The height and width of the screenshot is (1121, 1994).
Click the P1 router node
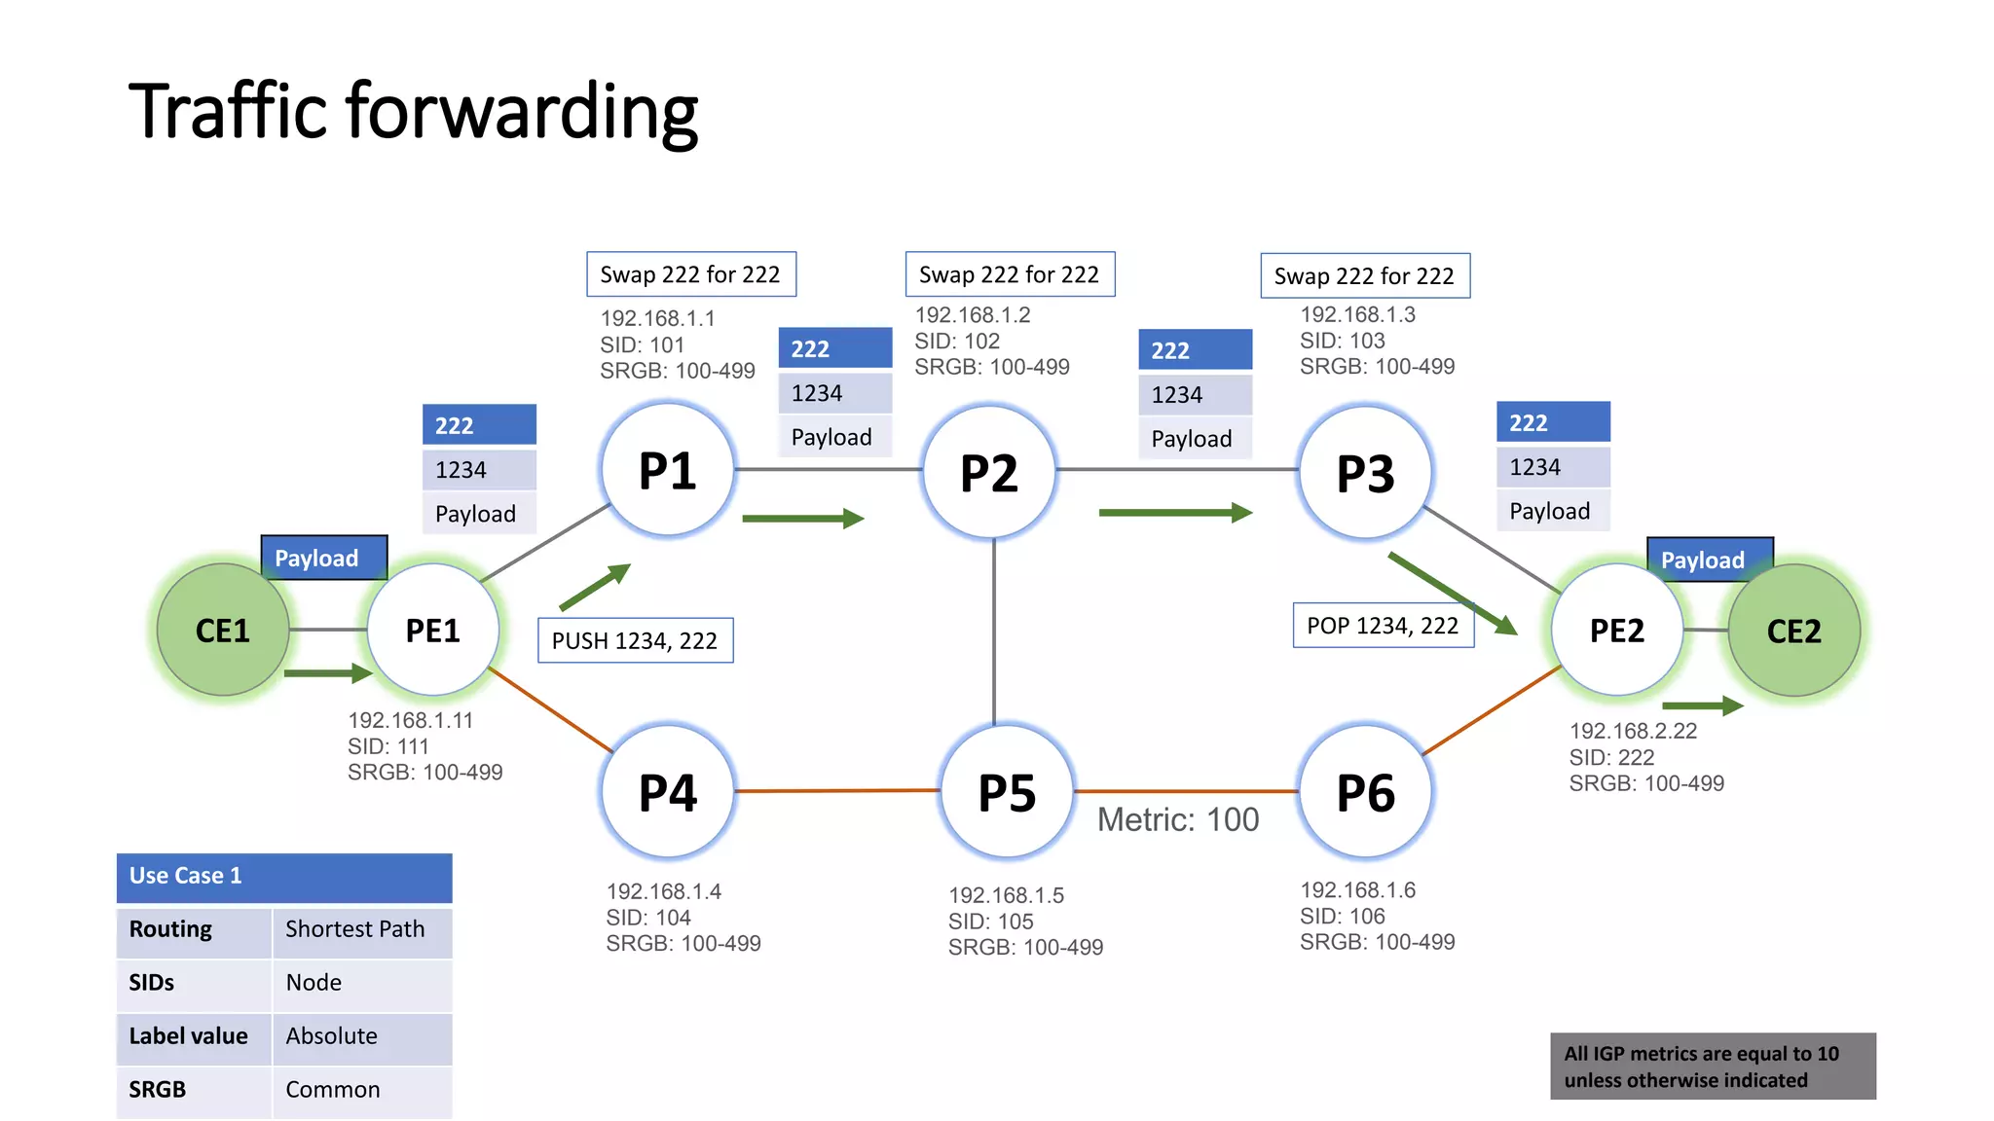[667, 471]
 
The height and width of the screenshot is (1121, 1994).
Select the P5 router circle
[1007, 792]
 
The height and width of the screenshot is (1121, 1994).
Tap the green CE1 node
[223, 631]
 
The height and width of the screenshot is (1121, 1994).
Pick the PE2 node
[1616, 631]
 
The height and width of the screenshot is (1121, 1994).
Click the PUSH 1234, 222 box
[635, 640]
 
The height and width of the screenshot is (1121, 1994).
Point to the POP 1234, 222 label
[1383, 626]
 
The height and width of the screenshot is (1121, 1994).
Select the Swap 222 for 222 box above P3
[1364, 276]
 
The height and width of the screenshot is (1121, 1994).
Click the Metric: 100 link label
[1178, 820]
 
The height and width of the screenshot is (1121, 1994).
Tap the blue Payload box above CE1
[323, 558]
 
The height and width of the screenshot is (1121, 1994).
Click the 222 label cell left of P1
[479, 425]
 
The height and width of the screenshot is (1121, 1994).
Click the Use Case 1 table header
[283, 876]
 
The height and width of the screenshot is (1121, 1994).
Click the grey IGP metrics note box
[1712, 1067]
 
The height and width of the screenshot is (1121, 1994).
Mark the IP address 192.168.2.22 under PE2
[1633, 731]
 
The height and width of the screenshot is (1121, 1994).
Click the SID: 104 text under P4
[648, 918]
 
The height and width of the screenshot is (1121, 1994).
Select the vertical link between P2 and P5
[994, 633]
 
